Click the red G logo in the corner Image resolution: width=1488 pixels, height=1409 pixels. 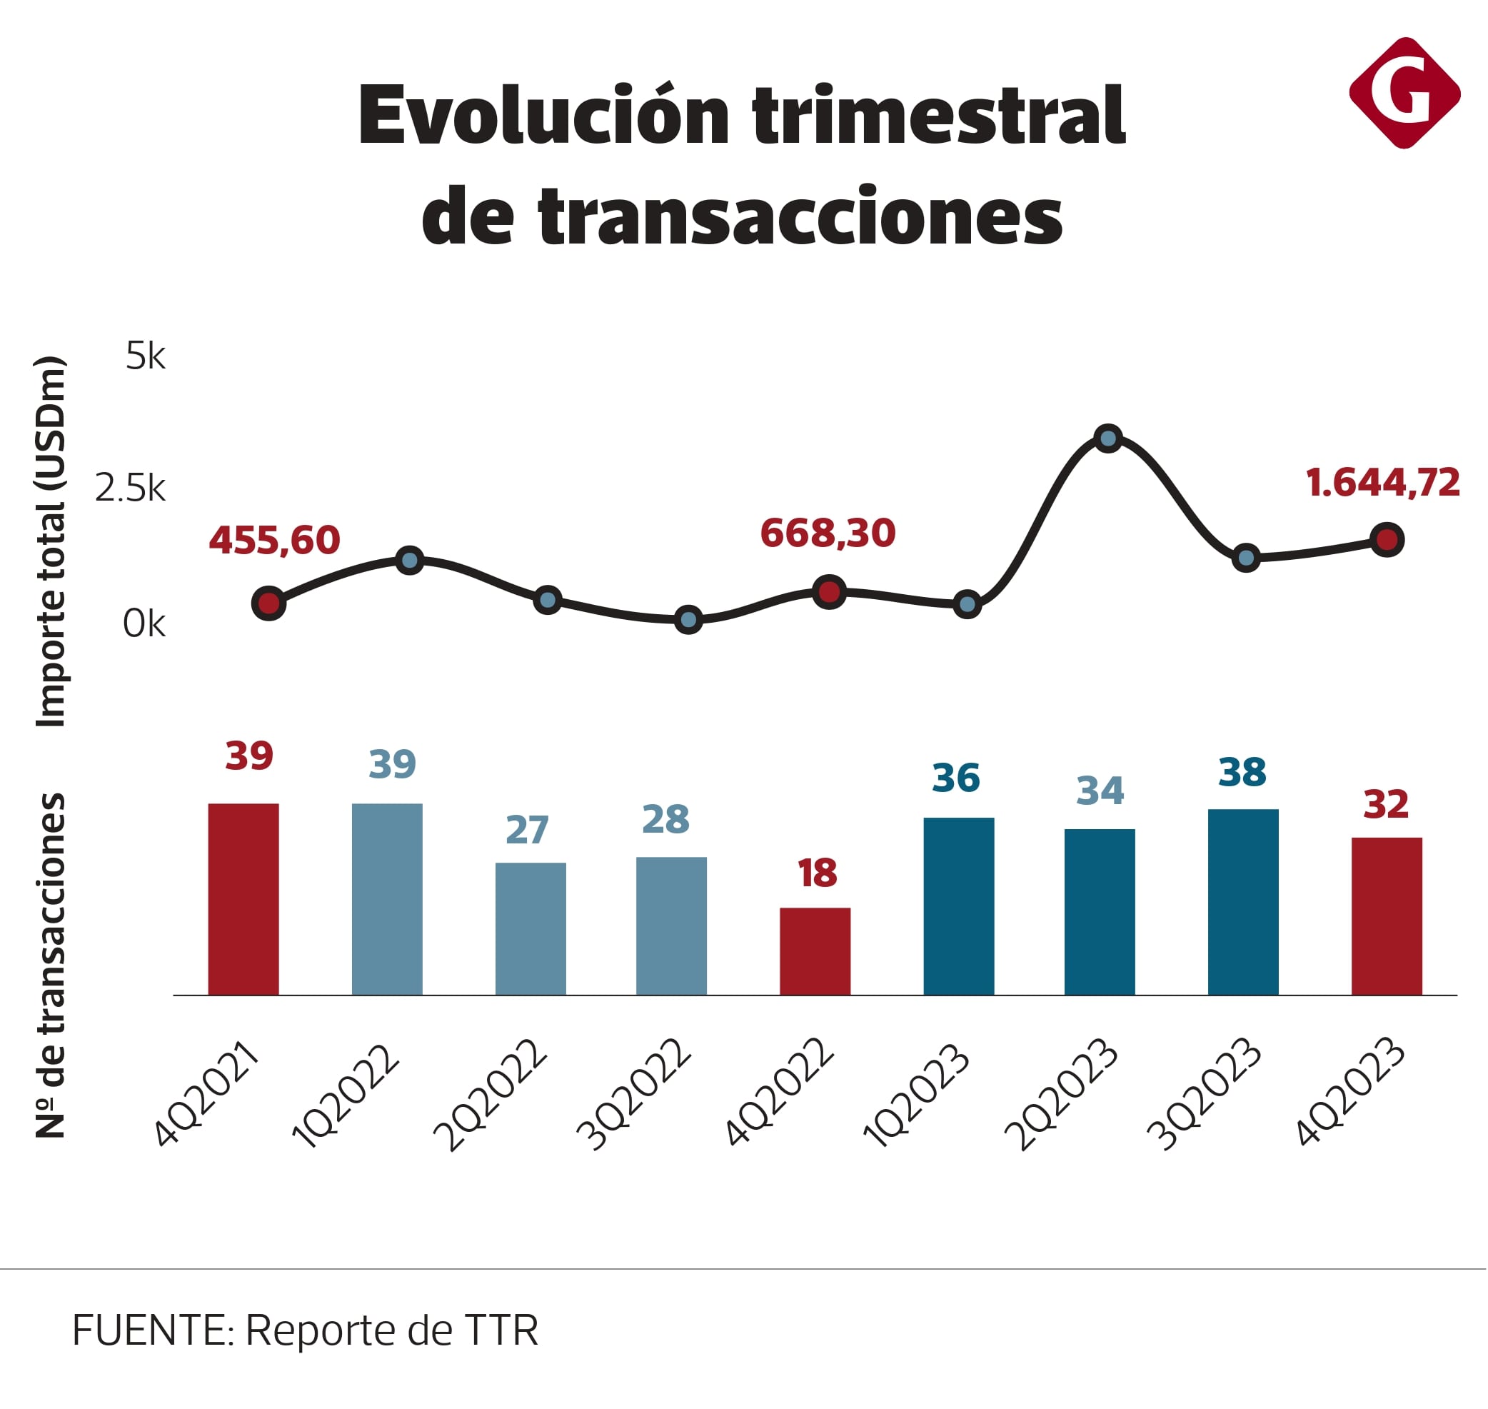[1404, 92]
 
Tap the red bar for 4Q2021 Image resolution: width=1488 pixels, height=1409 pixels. [243, 899]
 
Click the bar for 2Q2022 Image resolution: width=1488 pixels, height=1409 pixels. [530, 928]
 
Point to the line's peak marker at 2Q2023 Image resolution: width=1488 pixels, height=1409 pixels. [1108, 438]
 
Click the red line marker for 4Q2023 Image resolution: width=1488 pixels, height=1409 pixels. [1387, 539]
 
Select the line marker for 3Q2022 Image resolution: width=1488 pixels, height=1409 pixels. [688, 620]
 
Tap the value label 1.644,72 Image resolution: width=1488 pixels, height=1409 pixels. [1383, 483]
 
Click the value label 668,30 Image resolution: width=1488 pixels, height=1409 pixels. [828, 533]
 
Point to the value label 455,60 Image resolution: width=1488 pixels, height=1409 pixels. [274, 541]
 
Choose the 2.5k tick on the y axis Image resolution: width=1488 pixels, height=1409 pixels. [130, 489]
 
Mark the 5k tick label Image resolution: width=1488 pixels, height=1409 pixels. [145, 356]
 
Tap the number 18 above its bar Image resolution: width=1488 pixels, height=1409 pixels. [817, 873]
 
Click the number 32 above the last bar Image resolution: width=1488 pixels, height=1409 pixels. [1386, 804]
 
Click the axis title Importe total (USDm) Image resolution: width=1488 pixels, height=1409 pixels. [51, 541]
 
